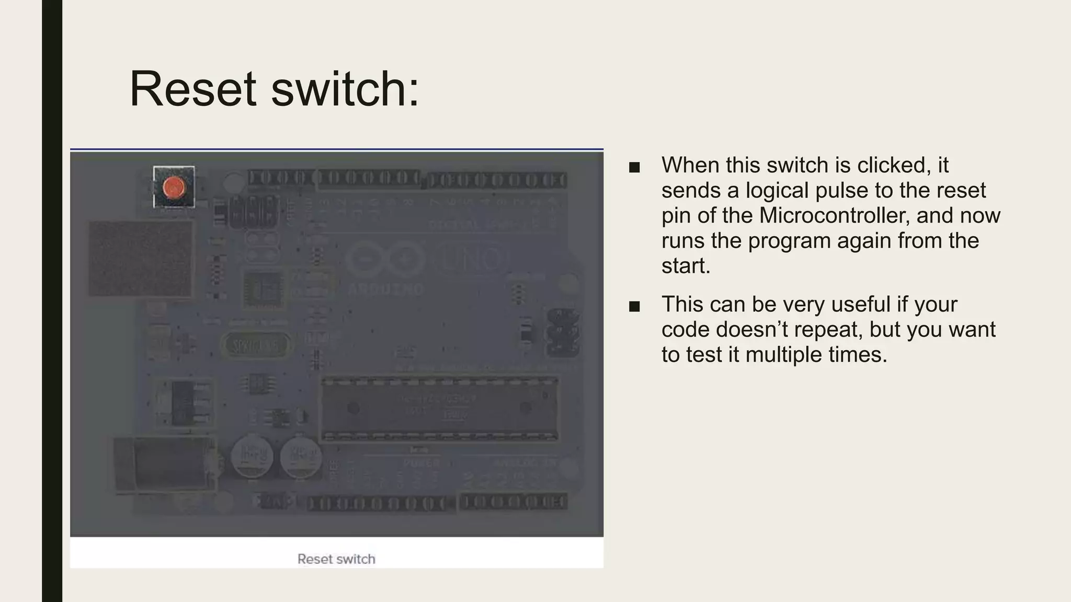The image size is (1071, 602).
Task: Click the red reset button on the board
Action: coord(174,187)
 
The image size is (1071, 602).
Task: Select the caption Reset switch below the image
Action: coord(336,559)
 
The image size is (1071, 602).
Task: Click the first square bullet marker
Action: coord(634,168)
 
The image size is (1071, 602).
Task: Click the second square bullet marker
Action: coord(634,307)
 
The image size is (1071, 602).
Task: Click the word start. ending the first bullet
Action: coord(686,266)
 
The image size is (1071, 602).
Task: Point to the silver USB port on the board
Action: coord(140,258)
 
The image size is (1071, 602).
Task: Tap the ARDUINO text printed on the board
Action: coord(385,289)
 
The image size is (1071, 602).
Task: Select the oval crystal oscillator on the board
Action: coord(255,345)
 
